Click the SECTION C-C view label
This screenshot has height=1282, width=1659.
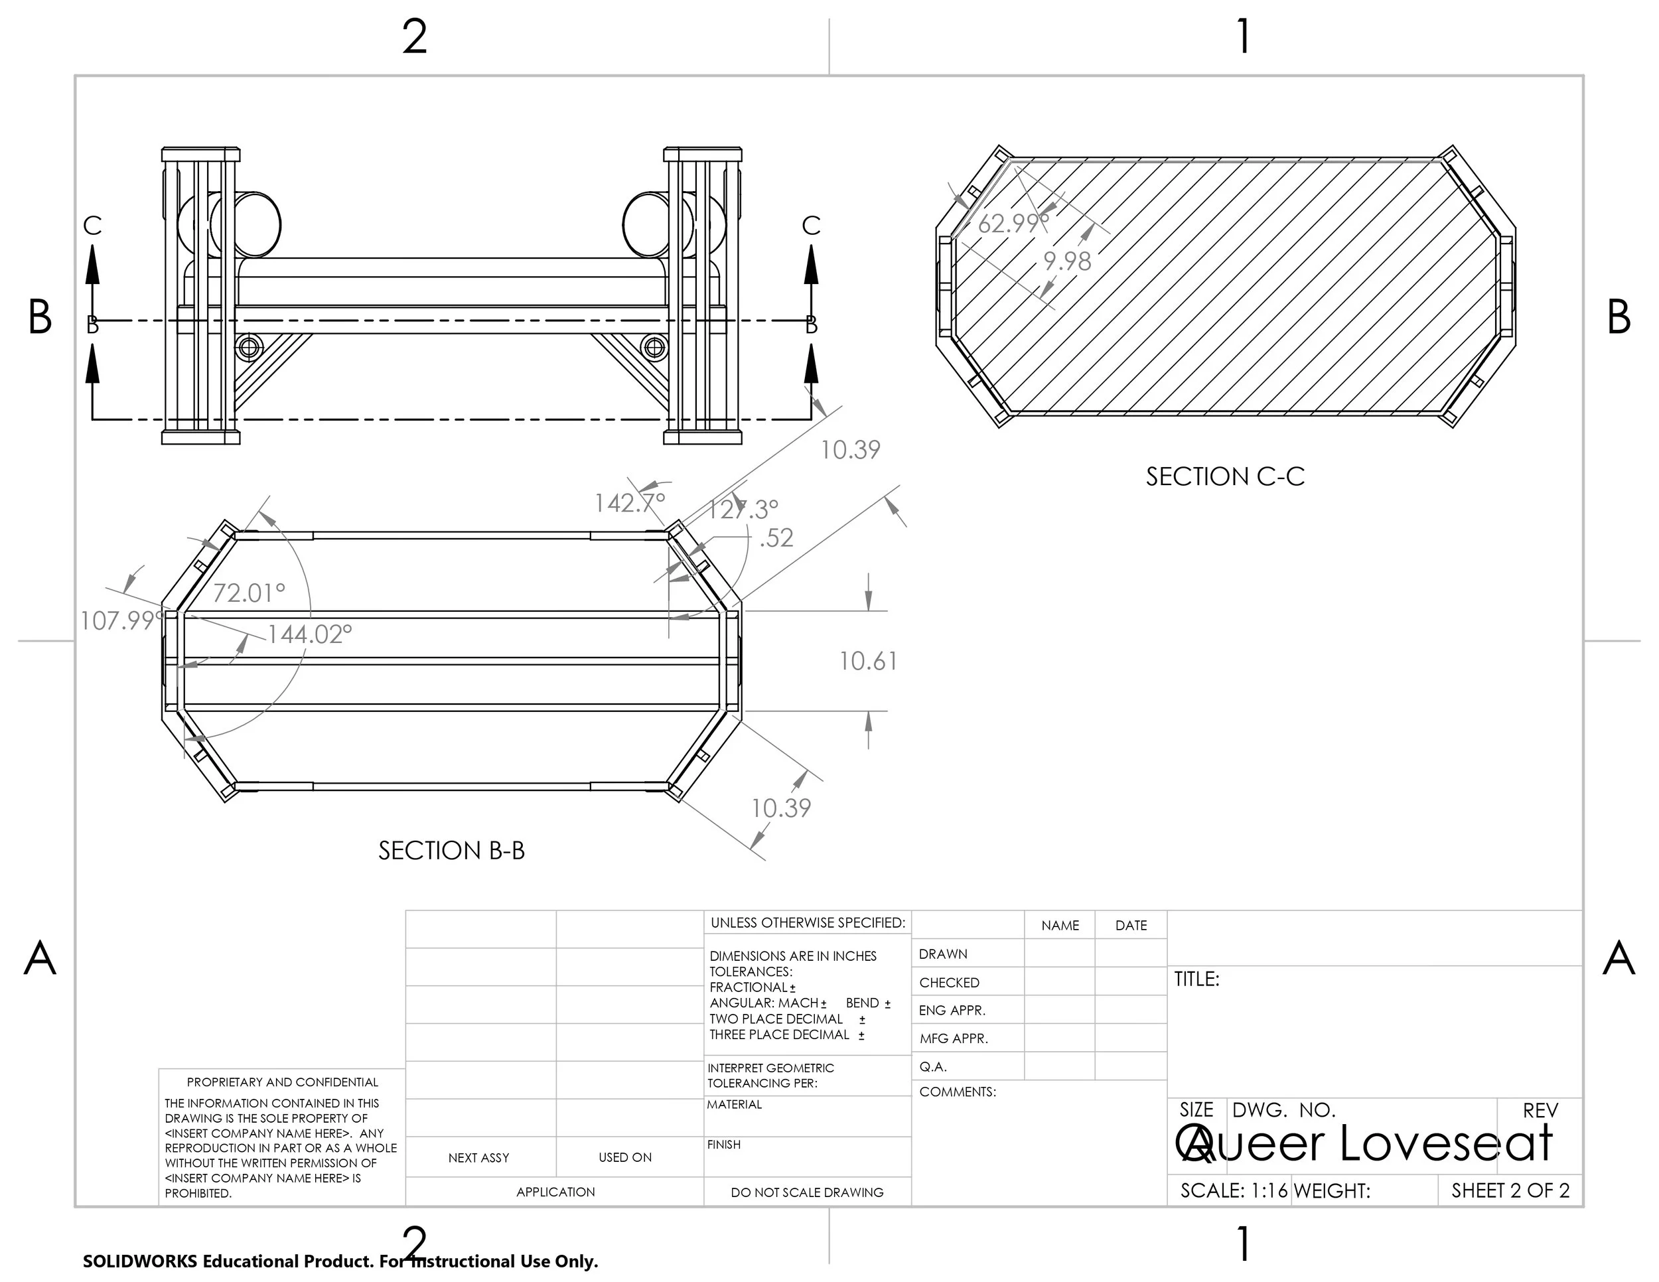click(x=1224, y=477)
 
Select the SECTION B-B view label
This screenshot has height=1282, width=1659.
click(x=451, y=851)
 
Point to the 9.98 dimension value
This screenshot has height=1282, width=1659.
click(x=1066, y=261)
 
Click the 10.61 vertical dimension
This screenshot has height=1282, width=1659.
click(x=868, y=662)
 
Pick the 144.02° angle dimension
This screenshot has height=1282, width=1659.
click(x=310, y=634)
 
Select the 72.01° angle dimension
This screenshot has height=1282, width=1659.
click(x=248, y=593)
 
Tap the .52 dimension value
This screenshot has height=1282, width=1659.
click(x=776, y=537)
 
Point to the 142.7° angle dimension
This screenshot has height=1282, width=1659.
click(x=629, y=503)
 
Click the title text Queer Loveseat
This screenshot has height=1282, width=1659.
click(x=1364, y=1144)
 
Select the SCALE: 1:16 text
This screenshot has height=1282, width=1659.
click(x=1234, y=1191)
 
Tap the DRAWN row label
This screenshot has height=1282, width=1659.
click(x=943, y=954)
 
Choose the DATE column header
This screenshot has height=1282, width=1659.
click(x=1130, y=925)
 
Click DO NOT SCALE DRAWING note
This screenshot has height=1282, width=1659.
click(x=807, y=1192)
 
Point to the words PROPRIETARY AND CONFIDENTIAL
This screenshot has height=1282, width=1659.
click(x=282, y=1082)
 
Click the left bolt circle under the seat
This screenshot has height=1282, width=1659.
click(x=249, y=348)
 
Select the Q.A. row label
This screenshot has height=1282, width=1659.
click(x=933, y=1066)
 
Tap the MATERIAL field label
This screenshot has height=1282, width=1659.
click(x=734, y=1104)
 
